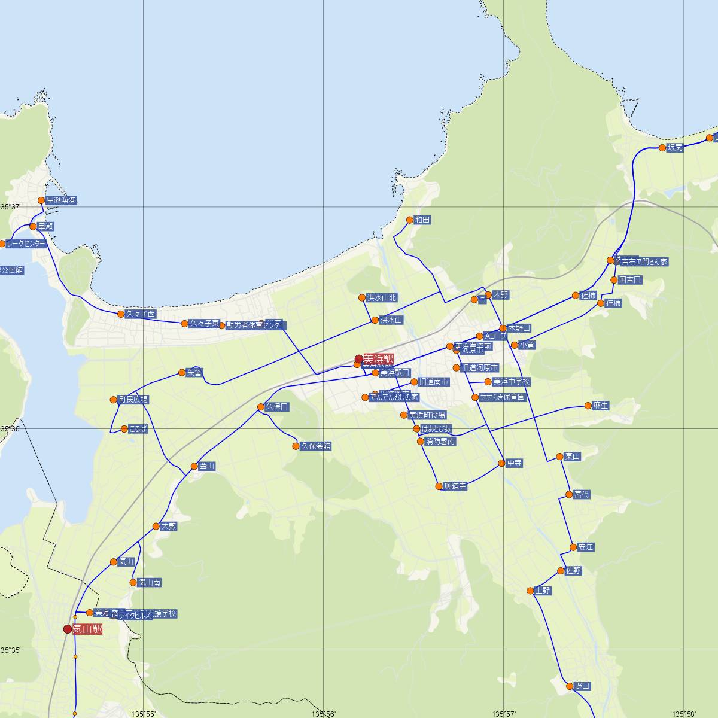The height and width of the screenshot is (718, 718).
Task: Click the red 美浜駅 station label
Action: pyautogui.click(x=378, y=359)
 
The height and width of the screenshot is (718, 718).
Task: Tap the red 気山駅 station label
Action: pyautogui.click(x=87, y=629)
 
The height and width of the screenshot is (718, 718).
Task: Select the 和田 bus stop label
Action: pyautogui.click(x=422, y=220)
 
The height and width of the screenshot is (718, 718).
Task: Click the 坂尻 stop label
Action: pyautogui.click(x=675, y=148)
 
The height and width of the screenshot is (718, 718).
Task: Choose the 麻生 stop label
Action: pyautogui.click(x=600, y=406)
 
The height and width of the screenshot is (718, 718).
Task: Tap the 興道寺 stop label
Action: pyautogui.click(x=455, y=486)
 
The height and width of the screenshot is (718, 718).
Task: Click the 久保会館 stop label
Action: pyautogui.click(x=316, y=446)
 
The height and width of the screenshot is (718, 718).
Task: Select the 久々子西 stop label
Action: pyautogui.click(x=141, y=314)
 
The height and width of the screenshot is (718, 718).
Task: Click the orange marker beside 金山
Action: pyautogui.click(x=194, y=466)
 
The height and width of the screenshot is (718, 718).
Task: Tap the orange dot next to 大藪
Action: pyautogui.click(x=156, y=527)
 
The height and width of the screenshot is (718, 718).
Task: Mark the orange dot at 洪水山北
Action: pyautogui.click(x=362, y=297)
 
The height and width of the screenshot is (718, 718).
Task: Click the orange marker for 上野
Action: pyautogui.click(x=530, y=591)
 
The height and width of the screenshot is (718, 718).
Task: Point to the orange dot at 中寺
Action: pyautogui.click(x=501, y=463)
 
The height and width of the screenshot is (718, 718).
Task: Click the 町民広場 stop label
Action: pyautogui.click(x=133, y=400)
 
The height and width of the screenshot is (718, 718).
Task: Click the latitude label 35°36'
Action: pyautogui.click(x=10, y=429)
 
